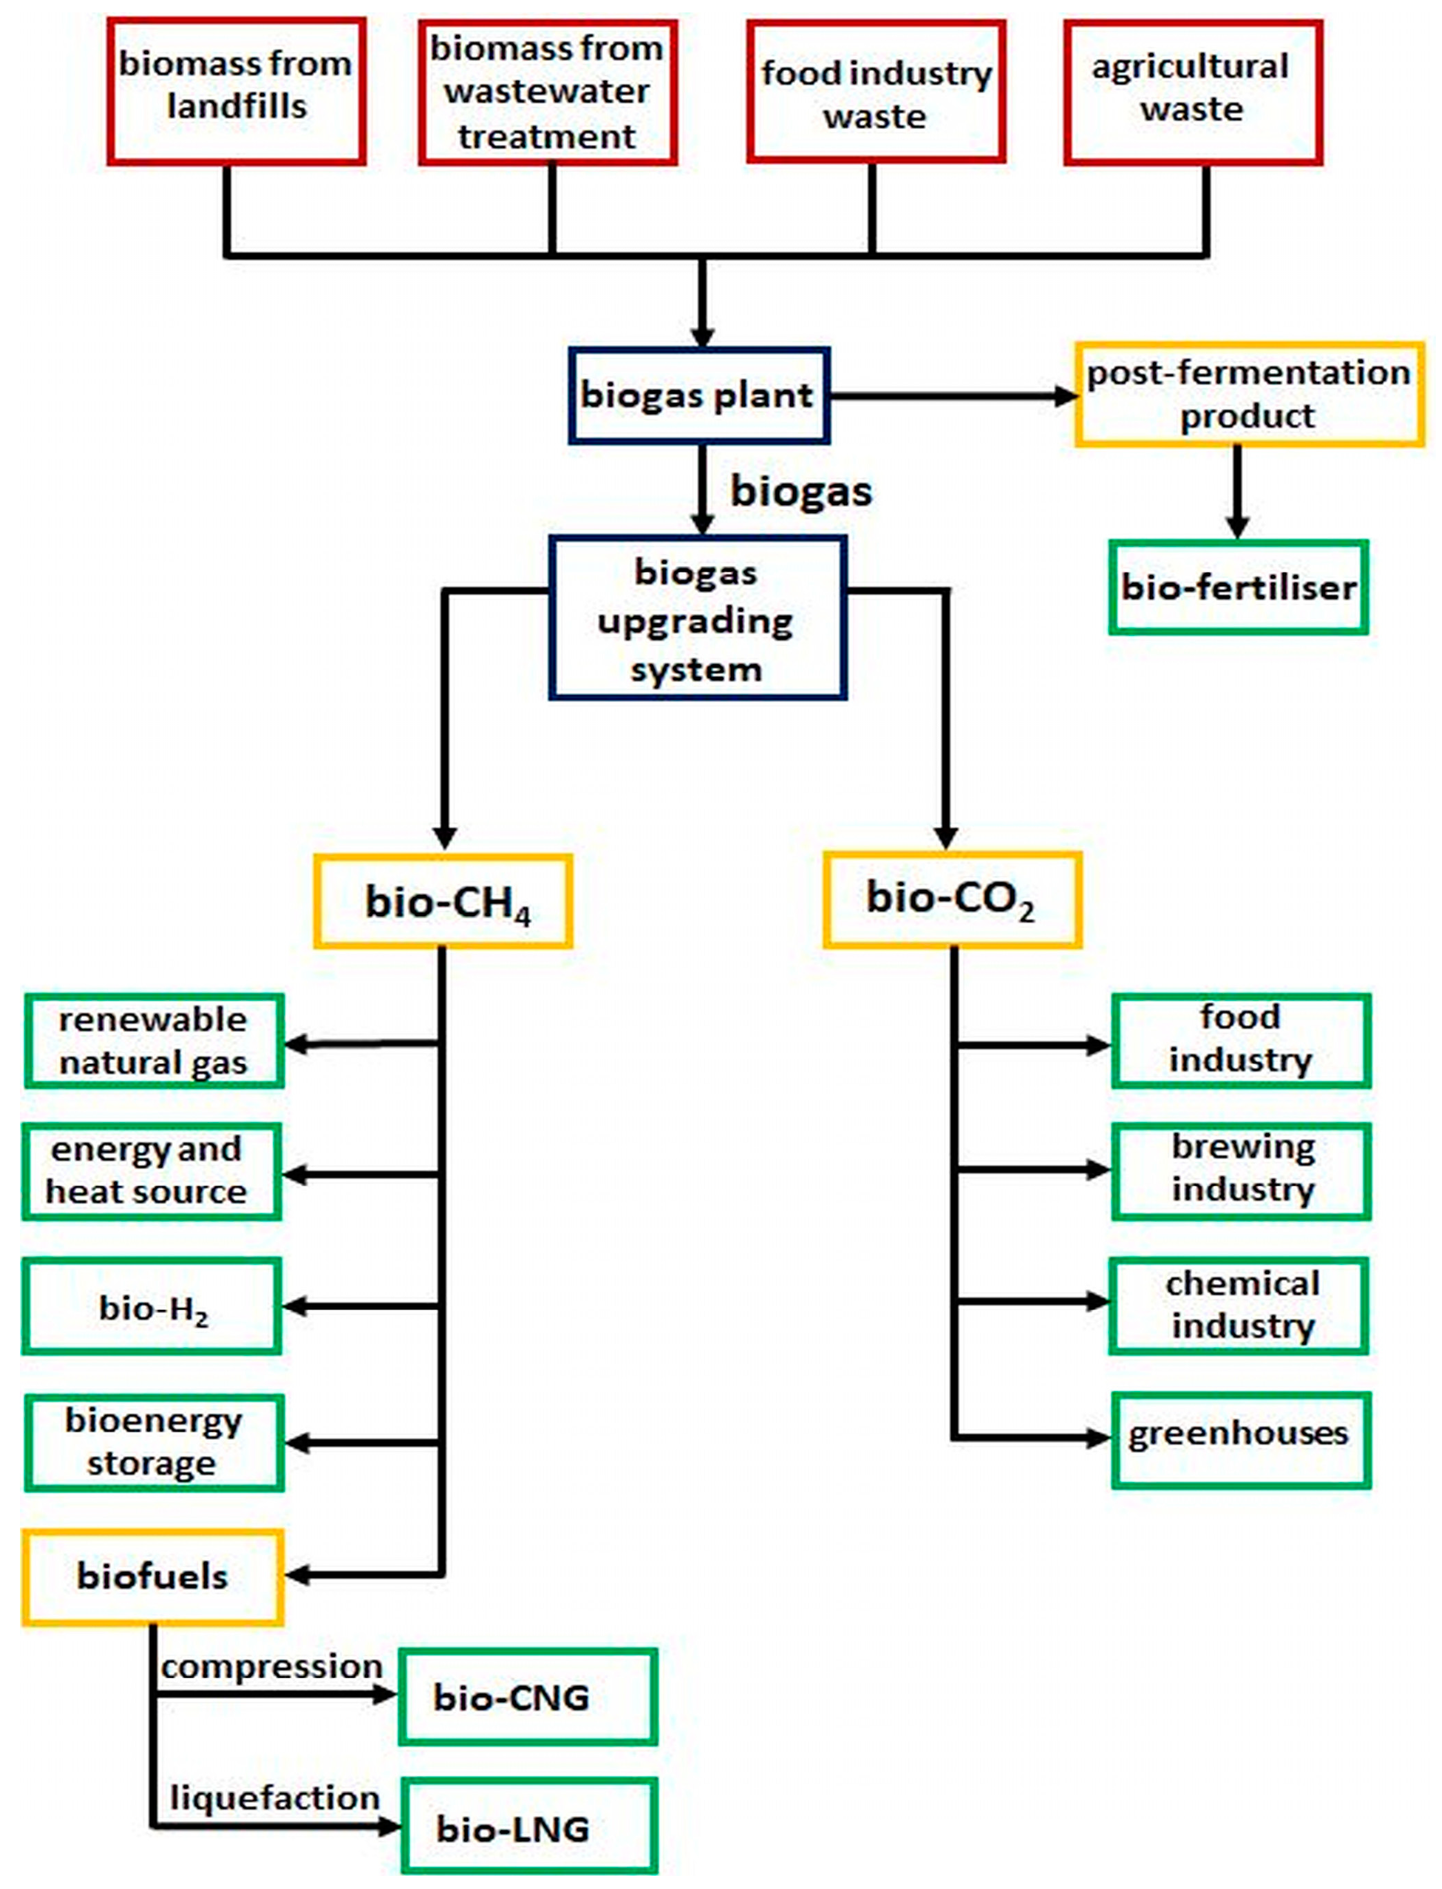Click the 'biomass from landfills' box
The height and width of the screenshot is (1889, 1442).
click(x=236, y=90)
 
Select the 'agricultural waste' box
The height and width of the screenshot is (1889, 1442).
click(x=1192, y=91)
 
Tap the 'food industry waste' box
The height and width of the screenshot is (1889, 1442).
click(x=876, y=92)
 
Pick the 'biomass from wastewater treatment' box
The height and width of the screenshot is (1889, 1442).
click(x=548, y=92)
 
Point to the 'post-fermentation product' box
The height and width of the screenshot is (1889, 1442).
click(x=1249, y=394)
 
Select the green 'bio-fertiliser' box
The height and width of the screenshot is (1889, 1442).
click(x=1238, y=588)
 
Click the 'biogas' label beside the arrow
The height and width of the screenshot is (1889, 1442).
click(x=801, y=491)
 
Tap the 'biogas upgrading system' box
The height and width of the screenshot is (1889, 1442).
click(x=697, y=619)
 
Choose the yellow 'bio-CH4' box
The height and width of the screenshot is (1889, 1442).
click(x=443, y=901)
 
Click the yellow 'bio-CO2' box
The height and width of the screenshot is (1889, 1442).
click(x=951, y=899)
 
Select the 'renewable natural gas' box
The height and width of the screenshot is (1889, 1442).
click(x=154, y=1041)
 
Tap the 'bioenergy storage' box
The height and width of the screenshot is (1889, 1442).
click(x=154, y=1443)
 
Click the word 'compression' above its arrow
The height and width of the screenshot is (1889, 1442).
click(x=271, y=1667)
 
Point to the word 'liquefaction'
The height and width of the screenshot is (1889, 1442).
click(x=274, y=1798)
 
